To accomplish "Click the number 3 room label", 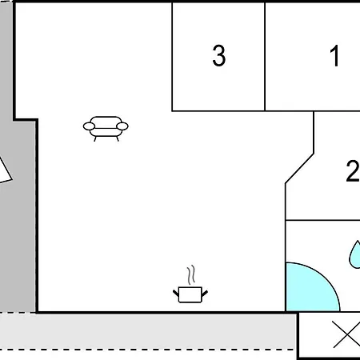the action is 219,55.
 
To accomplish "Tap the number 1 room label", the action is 334,55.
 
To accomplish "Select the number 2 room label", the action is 353,171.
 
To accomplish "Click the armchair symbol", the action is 106,129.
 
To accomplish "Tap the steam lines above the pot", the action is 190,275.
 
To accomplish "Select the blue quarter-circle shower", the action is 312,287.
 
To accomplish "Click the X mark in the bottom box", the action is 346,334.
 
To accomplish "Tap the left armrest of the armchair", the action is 89,126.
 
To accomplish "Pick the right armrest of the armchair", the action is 122,126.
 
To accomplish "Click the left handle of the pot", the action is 176,293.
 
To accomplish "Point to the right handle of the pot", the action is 205,294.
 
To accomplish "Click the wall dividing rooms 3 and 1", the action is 265,57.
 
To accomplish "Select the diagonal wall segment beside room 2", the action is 299,168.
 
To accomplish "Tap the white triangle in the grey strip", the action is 4,171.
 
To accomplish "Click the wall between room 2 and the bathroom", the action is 322,220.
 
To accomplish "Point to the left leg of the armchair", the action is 95,138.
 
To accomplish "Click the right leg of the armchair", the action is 118,138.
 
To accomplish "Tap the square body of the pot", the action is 190,295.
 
